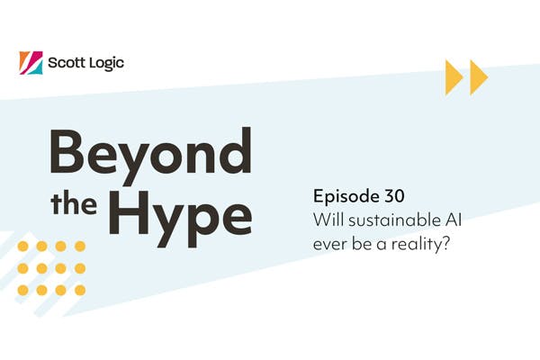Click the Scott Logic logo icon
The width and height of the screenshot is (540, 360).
click(30, 62)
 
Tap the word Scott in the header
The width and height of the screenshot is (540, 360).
click(68, 63)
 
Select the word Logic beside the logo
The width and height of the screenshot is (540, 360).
click(107, 63)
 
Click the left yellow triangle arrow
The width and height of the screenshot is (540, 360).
click(454, 77)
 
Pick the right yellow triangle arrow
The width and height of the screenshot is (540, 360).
click(478, 77)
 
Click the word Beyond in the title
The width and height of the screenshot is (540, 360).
click(150, 154)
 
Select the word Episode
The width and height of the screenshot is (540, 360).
click(344, 197)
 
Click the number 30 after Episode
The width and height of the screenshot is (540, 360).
click(394, 197)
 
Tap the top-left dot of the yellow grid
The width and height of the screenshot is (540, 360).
click(22, 246)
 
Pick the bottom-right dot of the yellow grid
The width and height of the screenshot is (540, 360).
click(80, 290)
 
